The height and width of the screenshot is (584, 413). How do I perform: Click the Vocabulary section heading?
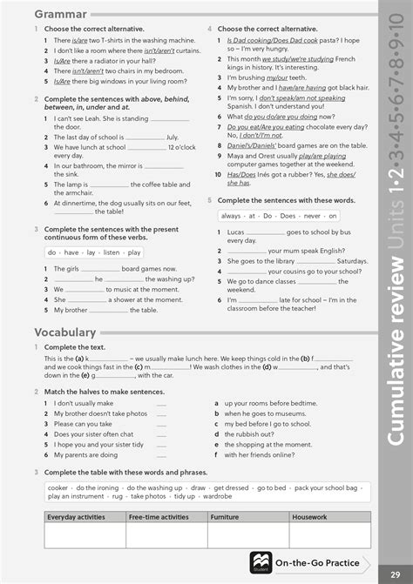coord(64,332)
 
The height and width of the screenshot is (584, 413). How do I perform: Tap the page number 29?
coord(396,570)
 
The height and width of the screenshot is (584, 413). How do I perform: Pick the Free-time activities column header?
coord(159,517)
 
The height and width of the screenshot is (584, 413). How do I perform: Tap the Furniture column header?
coord(225,517)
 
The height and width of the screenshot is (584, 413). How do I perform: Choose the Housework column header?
coord(310,517)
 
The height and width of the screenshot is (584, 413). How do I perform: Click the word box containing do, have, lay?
coord(95,252)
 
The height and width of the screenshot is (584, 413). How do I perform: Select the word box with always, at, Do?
coord(269,215)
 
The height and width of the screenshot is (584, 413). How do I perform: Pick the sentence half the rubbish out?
coord(253,434)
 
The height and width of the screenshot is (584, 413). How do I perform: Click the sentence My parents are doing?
coord(85,454)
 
